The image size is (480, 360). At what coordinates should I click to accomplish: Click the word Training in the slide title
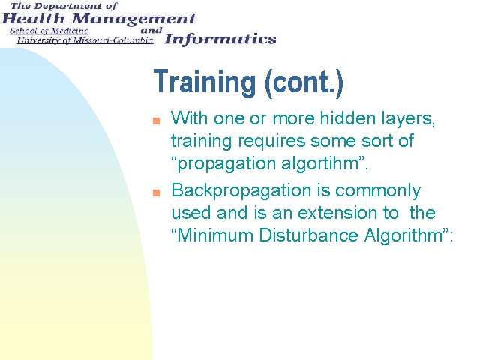pyautogui.click(x=205, y=82)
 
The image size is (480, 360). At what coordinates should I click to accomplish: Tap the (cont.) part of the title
pyautogui.click(x=304, y=82)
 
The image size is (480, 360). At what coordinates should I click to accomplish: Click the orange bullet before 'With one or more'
pyautogui.click(x=157, y=121)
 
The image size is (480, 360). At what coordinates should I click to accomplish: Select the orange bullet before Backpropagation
pyautogui.click(x=157, y=193)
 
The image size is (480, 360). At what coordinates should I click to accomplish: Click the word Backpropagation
pyautogui.click(x=241, y=191)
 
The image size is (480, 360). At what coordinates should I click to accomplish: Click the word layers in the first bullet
pyautogui.click(x=408, y=119)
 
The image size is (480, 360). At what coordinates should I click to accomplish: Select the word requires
pyautogui.click(x=271, y=142)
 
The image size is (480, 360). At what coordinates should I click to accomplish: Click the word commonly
pyautogui.click(x=378, y=191)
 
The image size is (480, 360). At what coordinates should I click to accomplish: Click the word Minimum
pyautogui.click(x=215, y=235)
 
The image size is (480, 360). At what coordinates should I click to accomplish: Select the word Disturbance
pyautogui.click(x=308, y=235)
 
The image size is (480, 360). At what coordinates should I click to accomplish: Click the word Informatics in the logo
pyautogui.click(x=220, y=40)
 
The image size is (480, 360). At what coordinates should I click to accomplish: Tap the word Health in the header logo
pyautogui.click(x=33, y=19)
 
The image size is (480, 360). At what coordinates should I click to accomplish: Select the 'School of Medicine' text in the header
pyautogui.click(x=49, y=31)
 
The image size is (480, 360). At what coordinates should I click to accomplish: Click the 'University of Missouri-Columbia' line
pyautogui.click(x=85, y=40)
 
